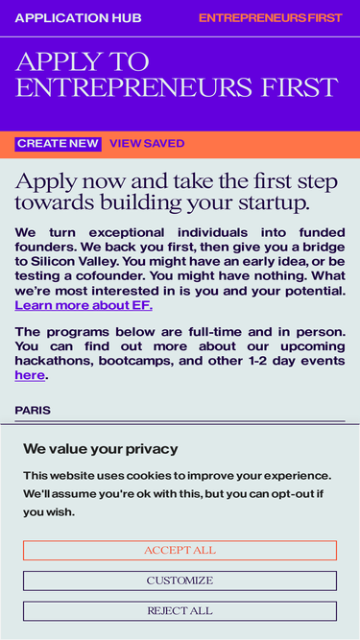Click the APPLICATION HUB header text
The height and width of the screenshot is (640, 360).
(x=78, y=18)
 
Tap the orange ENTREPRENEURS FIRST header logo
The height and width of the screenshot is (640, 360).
(x=270, y=18)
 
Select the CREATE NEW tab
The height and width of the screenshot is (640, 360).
(x=58, y=144)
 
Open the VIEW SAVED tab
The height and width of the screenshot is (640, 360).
(x=147, y=144)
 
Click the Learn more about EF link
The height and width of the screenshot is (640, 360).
(x=84, y=306)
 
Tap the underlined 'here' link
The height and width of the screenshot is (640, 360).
(x=30, y=375)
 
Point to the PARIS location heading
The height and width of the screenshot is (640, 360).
(x=33, y=411)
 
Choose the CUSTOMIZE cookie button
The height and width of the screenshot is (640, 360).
(x=180, y=581)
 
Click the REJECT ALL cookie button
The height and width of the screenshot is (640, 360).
(x=180, y=611)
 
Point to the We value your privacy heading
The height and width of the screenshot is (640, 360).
(x=100, y=449)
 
